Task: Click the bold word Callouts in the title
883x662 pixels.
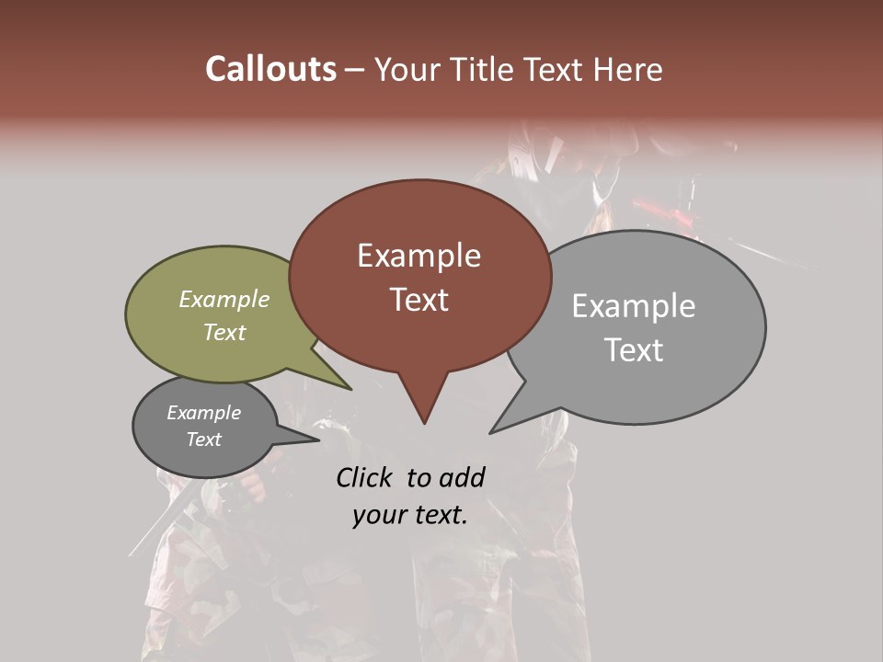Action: click(x=270, y=69)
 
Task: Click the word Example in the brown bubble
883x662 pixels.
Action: click(x=419, y=256)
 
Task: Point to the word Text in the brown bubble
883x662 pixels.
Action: click(x=419, y=300)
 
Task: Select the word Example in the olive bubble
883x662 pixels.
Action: click(x=224, y=300)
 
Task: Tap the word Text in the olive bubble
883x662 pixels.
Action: click(x=224, y=333)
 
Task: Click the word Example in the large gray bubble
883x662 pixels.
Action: click(x=633, y=306)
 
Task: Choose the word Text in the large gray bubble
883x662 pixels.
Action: click(x=633, y=350)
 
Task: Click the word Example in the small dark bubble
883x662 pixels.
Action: click(x=203, y=413)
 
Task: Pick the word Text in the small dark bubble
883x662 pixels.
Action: click(x=203, y=439)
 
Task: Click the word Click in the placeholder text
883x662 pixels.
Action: click(x=365, y=477)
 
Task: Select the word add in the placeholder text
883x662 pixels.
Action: click(x=462, y=477)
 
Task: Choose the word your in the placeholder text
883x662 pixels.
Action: click(x=377, y=515)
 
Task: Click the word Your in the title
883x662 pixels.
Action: click(x=407, y=70)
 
